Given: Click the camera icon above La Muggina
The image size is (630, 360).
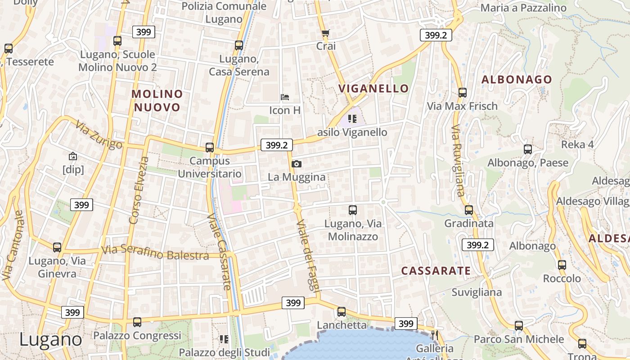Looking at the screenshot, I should [296, 164].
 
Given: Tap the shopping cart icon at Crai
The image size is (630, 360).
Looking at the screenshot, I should [326, 33].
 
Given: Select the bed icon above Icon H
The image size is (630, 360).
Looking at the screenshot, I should [285, 97].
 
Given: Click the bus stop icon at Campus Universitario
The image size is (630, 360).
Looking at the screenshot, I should [210, 147].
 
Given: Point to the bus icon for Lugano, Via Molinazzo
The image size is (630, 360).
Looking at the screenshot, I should [353, 210].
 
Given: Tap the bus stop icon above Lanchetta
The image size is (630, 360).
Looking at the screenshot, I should [342, 311].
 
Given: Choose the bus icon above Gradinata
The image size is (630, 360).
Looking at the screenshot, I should [469, 210].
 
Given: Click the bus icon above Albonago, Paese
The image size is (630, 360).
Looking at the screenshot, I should [528, 149].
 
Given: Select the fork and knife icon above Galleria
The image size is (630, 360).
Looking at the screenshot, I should [434, 335].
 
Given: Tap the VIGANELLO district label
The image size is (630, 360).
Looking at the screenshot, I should [373, 88].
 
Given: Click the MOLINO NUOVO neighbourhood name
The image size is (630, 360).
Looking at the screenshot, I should [157, 100].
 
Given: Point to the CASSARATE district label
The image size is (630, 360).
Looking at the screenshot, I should [436, 271].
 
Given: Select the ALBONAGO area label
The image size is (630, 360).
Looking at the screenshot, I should [517, 80].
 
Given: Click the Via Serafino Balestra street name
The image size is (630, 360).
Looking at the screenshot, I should [155, 253].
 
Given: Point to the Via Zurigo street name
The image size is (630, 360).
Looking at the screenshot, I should [99, 135].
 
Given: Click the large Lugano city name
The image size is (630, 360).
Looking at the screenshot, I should [50, 339].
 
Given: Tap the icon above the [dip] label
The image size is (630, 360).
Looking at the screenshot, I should [73, 156].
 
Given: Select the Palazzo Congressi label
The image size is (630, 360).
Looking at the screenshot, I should [137, 336].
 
